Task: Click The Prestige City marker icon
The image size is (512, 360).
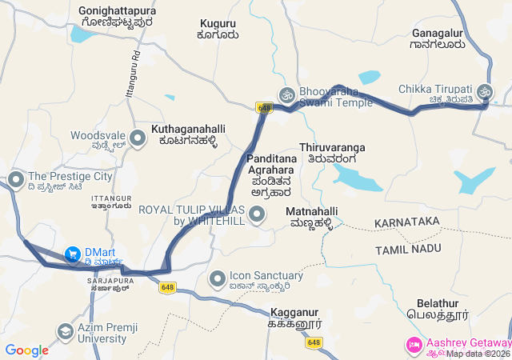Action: coord(15,177)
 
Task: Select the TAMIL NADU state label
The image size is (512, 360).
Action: coord(408,250)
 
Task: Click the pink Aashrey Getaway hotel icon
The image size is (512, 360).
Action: coord(414,344)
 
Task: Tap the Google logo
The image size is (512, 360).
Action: coord(26,350)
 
